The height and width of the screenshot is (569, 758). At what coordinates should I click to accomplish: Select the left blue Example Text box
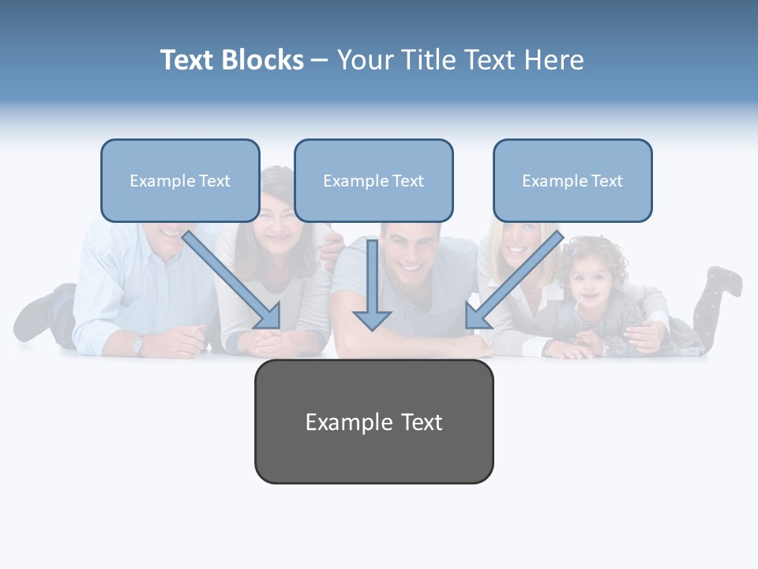tap(180, 181)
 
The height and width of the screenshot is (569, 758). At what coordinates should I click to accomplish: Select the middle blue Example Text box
tap(373, 181)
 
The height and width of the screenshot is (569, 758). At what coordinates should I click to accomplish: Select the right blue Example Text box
tap(572, 181)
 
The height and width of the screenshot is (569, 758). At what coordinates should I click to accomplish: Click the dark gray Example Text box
tap(373, 422)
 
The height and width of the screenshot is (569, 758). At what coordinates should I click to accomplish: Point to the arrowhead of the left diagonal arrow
tap(270, 318)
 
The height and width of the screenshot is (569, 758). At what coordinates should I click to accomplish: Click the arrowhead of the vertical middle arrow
tap(372, 320)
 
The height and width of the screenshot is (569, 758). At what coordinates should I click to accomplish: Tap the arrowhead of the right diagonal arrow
tap(475, 318)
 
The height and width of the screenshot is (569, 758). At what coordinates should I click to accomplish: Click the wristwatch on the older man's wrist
tap(139, 345)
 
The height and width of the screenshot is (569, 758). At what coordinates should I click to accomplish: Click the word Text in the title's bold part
tap(187, 60)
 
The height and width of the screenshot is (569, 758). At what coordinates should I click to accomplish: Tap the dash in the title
tap(320, 60)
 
